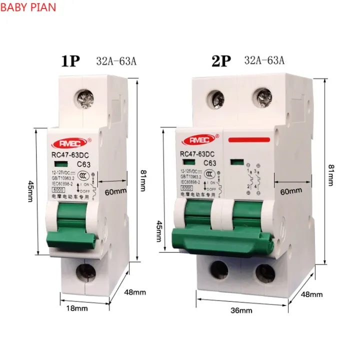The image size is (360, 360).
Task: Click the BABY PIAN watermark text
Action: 28,8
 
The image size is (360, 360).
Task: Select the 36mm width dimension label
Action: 241,311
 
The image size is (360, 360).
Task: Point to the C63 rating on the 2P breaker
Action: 209,163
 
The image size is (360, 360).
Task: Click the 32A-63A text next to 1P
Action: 115,61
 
